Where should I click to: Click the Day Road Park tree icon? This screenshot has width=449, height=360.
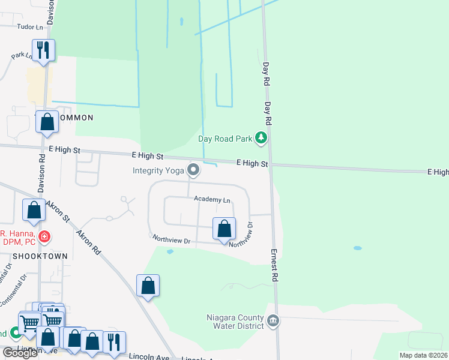261,139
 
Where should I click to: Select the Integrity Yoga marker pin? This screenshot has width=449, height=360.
193,171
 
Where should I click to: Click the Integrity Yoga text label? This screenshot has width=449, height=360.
159,171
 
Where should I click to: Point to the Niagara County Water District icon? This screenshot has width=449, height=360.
273,320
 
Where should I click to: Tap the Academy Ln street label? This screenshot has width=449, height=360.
212,199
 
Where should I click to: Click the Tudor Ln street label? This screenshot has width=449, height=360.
31,27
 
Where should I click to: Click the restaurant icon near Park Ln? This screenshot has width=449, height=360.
43,50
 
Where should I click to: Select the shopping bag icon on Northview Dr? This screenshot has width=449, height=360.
224,229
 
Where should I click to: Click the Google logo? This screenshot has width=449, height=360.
20,353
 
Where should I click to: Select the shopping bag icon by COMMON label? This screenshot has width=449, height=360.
47,122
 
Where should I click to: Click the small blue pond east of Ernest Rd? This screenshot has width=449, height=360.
358,248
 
